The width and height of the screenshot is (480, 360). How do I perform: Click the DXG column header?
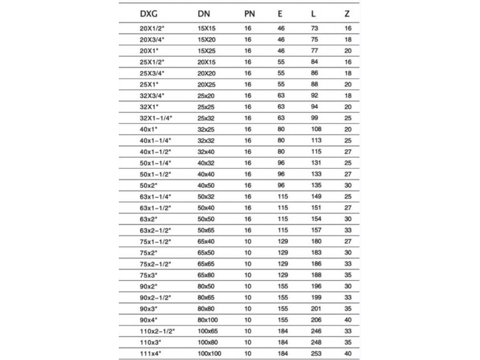(x=148, y=14)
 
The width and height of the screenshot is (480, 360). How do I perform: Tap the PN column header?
(x=249, y=14)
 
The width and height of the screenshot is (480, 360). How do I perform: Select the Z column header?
(x=347, y=14)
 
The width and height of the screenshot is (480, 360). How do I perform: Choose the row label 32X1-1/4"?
(x=155, y=118)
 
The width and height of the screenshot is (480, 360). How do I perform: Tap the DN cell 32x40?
(x=206, y=152)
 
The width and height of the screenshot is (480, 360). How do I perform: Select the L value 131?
(x=316, y=163)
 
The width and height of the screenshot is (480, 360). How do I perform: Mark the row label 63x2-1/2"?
(x=155, y=230)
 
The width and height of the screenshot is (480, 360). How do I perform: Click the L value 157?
(x=316, y=230)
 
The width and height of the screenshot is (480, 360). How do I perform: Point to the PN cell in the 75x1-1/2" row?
(x=248, y=242)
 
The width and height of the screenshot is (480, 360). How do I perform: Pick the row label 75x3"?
(x=148, y=275)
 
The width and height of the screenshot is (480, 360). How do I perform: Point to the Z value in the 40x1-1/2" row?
(x=348, y=152)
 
